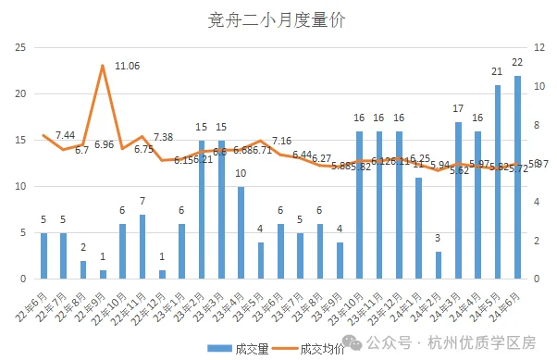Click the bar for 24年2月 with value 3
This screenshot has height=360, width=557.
(x=439, y=265)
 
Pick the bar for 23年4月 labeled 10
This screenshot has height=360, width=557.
(x=241, y=232)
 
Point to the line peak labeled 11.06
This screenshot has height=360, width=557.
(x=103, y=66)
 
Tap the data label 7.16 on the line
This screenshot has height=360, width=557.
(x=281, y=141)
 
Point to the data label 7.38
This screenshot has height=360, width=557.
(x=163, y=137)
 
